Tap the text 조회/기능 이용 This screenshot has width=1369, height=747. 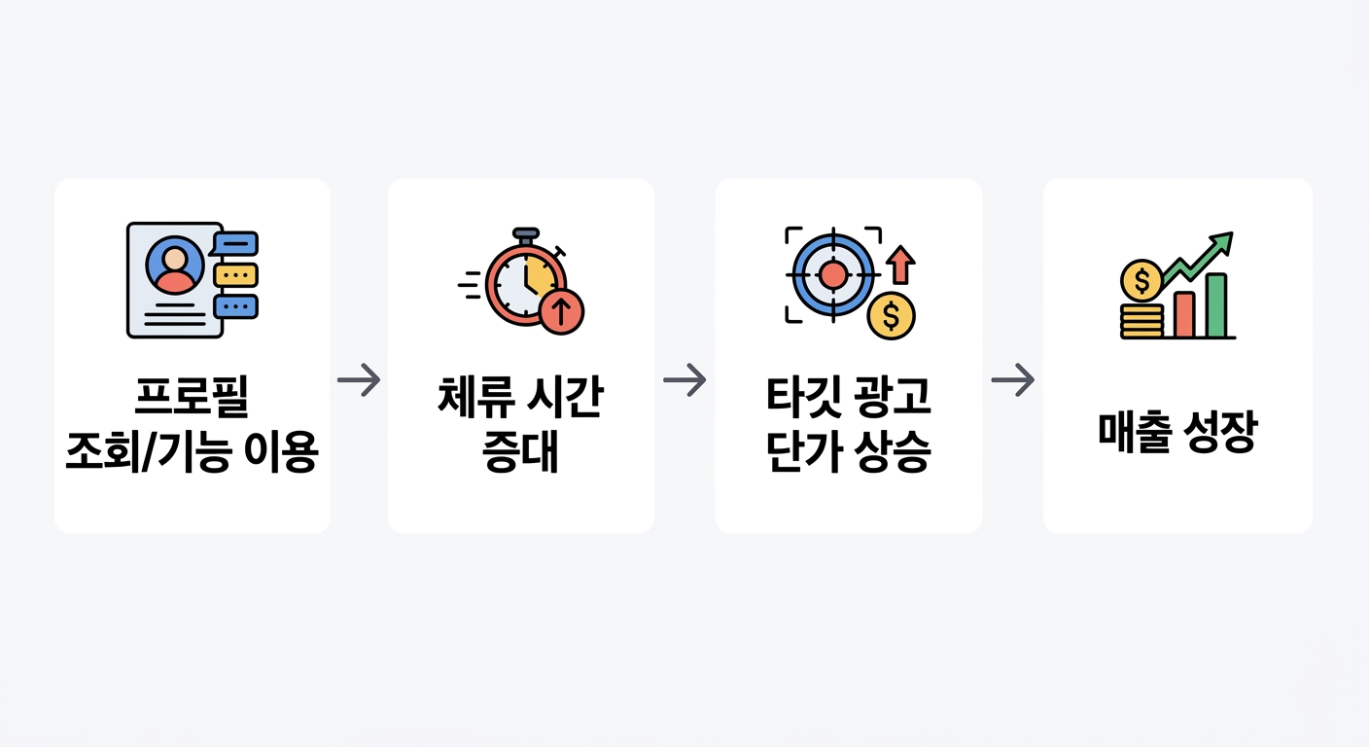click(192, 453)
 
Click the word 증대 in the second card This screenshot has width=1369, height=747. click(520, 453)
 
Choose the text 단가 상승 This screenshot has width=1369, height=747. click(848, 453)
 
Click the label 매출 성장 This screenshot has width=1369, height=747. click(1177, 433)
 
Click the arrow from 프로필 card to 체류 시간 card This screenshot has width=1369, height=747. click(359, 379)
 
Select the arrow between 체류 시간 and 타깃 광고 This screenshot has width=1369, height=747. click(684, 379)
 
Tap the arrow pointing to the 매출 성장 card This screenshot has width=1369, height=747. click(1012, 379)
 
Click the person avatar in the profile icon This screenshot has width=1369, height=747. click(175, 266)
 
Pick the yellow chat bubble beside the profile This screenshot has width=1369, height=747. click(236, 274)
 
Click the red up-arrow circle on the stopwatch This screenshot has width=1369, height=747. click(561, 311)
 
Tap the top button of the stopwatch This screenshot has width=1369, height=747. click(525, 234)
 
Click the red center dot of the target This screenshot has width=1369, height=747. click(833, 274)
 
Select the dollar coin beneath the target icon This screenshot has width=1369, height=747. click(892, 316)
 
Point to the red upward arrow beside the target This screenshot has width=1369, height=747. click(901, 264)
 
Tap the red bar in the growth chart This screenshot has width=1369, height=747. click(1184, 313)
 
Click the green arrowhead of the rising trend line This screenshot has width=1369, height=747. click(1223, 239)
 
